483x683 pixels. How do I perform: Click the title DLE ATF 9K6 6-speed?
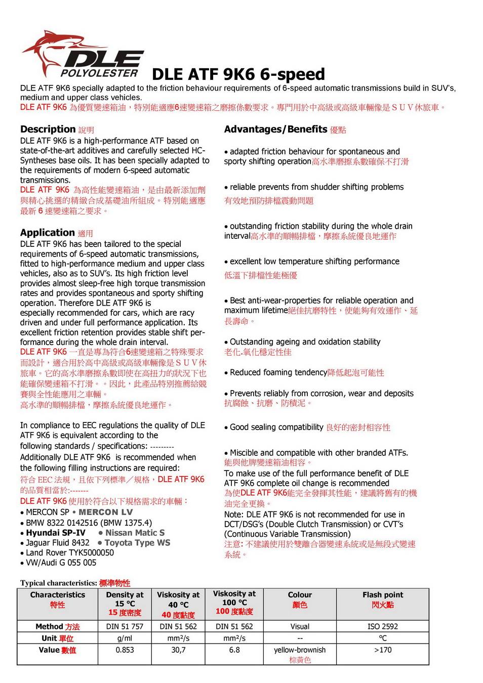click(238, 74)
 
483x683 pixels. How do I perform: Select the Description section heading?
click(48, 130)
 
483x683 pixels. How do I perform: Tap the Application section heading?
click(48, 233)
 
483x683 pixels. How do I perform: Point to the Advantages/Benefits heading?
click(276, 130)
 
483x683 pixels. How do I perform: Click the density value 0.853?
click(125, 650)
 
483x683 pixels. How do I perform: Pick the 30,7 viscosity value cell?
click(178, 650)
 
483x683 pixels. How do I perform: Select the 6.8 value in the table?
click(234, 650)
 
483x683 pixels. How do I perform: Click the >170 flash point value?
click(383, 650)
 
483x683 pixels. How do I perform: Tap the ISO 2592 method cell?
click(383, 626)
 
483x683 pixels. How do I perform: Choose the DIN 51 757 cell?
click(125, 626)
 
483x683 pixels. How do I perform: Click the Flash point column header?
click(383, 595)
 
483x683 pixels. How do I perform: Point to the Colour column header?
click(300, 595)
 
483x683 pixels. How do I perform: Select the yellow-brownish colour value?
click(300, 650)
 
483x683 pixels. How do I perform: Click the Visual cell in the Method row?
click(300, 626)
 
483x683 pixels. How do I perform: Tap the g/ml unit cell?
click(125, 638)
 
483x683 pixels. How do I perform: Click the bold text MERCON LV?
click(106, 513)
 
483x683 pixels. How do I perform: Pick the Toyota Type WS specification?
click(137, 543)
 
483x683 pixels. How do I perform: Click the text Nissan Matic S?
click(135, 533)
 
